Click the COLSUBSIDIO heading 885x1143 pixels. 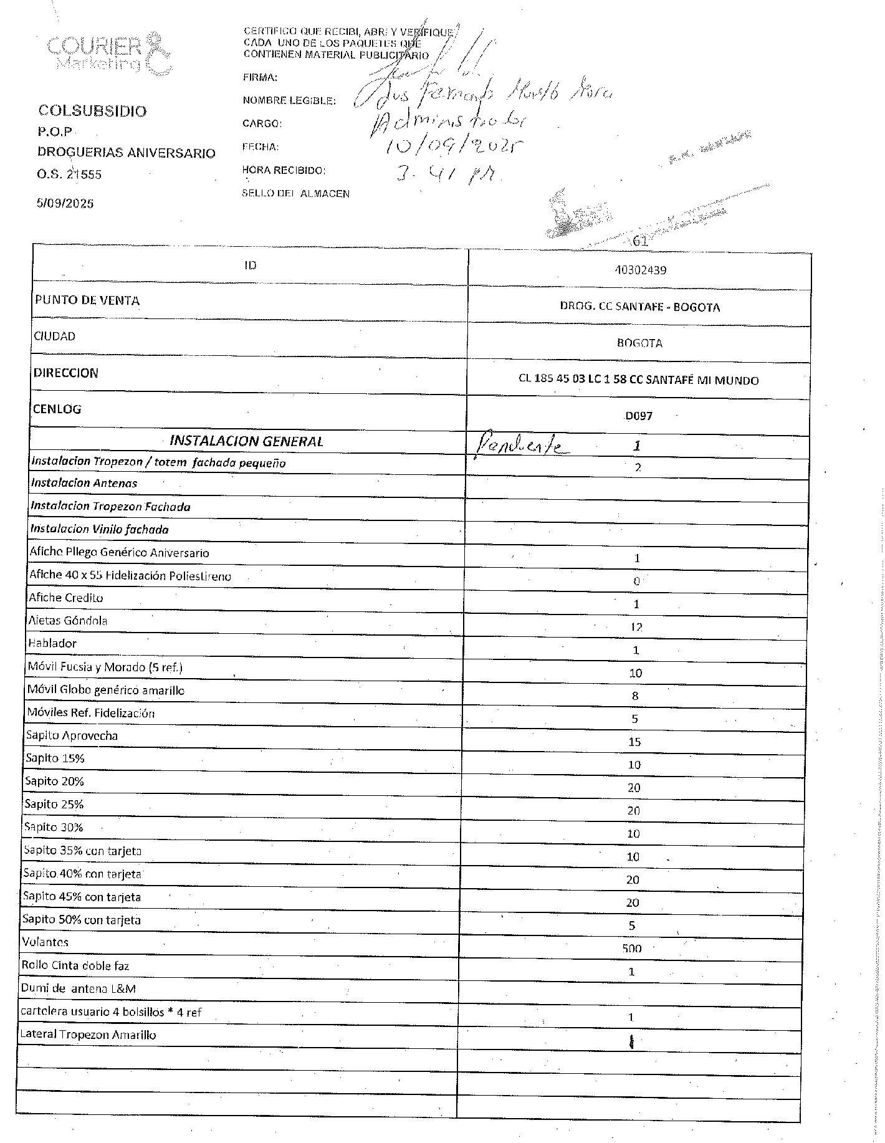pyautogui.click(x=92, y=111)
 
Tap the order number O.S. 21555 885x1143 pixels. pyautogui.click(x=69, y=175)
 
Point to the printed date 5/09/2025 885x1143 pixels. pyautogui.click(x=65, y=203)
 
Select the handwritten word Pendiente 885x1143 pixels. pyautogui.click(x=519, y=444)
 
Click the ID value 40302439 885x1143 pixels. pyautogui.click(x=639, y=270)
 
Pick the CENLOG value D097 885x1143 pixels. pyautogui.click(x=639, y=416)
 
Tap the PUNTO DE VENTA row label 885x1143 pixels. pyautogui.click(x=87, y=300)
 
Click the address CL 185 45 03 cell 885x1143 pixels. pyautogui.click(x=638, y=380)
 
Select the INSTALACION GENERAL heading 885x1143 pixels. pyautogui.click(x=246, y=441)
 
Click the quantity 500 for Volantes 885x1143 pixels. pyautogui.click(x=631, y=949)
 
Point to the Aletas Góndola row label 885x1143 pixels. pyautogui.click(x=68, y=621)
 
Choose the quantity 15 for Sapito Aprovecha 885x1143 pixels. pyautogui.click(x=634, y=742)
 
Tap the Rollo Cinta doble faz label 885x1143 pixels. pyautogui.click(x=75, y=966)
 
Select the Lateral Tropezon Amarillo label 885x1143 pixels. pyautogui.click(x=88, y=1035)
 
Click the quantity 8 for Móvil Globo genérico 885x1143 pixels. pyautogui.click(x=635, y=696)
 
